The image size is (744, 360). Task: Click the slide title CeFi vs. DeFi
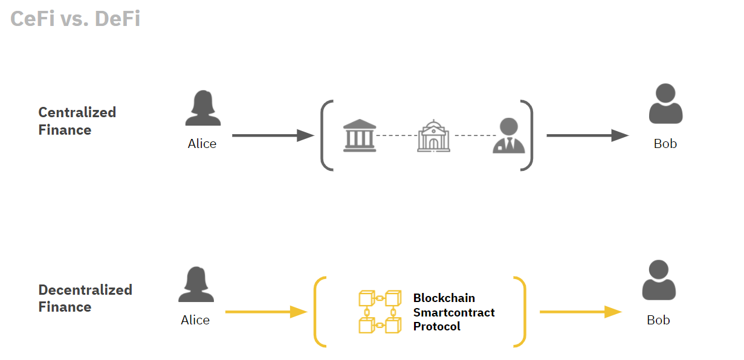point(75,19)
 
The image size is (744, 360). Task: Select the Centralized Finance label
point(77,121)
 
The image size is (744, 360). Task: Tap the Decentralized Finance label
point(85,298)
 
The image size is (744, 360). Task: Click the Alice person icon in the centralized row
point(202,108)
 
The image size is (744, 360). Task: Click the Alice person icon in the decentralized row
point(196,285)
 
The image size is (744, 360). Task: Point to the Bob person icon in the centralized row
point(665,104)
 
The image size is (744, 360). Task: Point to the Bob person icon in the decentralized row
point(659,280)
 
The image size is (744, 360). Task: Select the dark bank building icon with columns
point(359,135)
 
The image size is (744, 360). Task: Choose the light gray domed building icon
point(434,135)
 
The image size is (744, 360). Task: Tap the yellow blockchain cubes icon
point(380,312)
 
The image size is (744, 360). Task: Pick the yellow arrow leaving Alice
point(266,312)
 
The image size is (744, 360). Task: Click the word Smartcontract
point(454,312)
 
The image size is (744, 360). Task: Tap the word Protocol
point(437,327)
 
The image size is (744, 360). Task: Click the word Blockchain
point(444,298)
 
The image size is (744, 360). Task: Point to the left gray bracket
point(326,135)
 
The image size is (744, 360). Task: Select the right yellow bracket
point(520,312)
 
